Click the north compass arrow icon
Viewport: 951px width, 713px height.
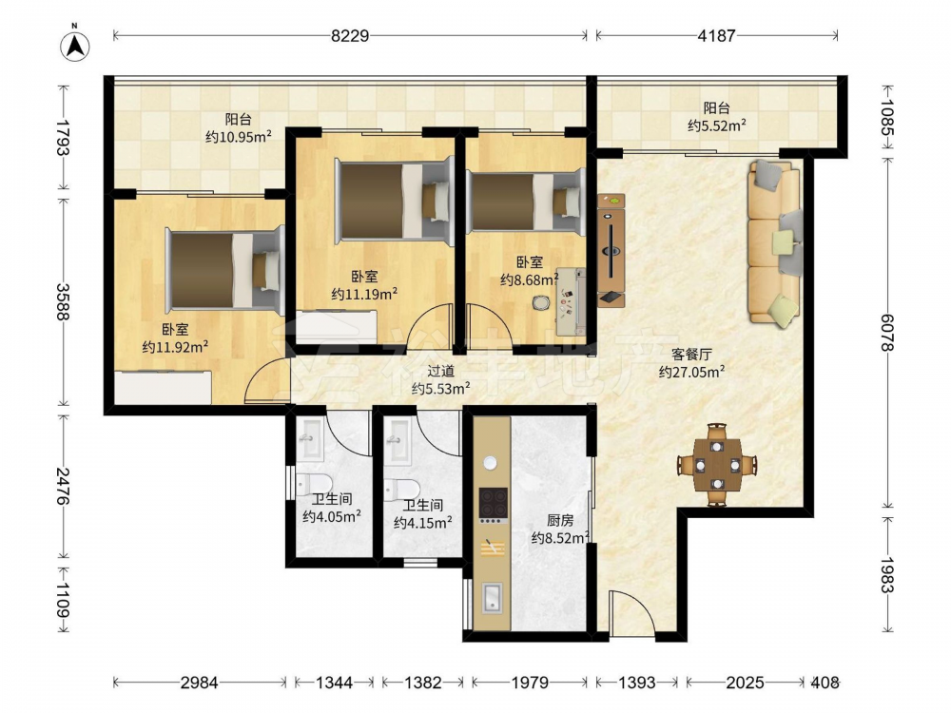pos(75,45)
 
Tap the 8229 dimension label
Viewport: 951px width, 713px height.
pos(350,36)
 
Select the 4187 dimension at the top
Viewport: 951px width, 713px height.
pos(716,36)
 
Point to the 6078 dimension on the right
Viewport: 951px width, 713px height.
pos(887,332)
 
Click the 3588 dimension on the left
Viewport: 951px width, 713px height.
pos(63,302)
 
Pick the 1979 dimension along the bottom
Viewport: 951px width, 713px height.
pos(530,683)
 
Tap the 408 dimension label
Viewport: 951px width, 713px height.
pos(825,683)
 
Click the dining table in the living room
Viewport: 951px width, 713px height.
pos(717,465)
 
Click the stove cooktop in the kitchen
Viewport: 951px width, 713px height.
pos(493,504)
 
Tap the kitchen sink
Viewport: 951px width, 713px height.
pos(492,598)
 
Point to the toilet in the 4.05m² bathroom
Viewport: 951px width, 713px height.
pos(314,484)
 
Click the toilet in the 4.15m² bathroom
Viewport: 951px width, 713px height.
pos(401,490)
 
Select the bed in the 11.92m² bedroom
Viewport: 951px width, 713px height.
pos(225,270)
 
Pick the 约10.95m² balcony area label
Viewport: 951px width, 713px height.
pos(239,137)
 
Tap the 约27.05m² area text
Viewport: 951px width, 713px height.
pos(692,372)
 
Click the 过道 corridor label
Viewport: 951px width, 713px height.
pos(441,371)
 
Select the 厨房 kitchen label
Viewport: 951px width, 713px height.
pos(560,520)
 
